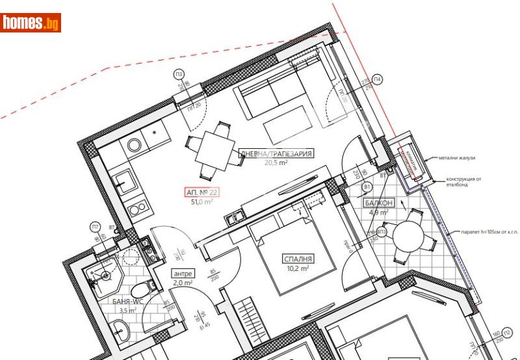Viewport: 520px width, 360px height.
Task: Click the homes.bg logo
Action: click(x=31, y=23)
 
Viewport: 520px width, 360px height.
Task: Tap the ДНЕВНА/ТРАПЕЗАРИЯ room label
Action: click(x=277, y=154)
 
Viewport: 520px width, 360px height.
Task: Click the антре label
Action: click(x=182, y=274)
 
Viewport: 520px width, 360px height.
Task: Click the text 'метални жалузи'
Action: click(x=457, y=158)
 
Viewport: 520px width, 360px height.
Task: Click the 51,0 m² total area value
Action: click(x=202, y=201)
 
